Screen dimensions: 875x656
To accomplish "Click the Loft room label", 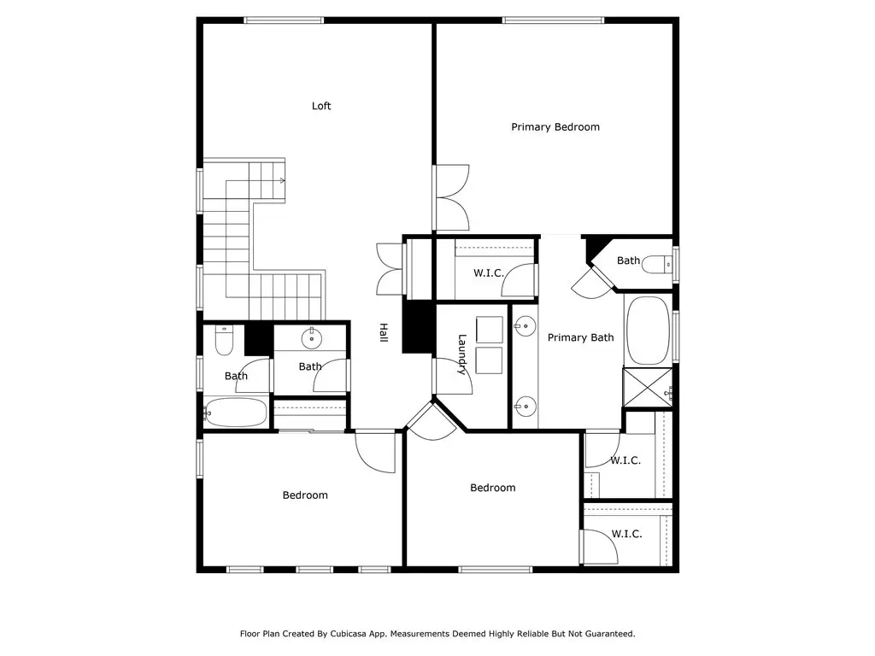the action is pyautogui.click(x=321, y=106).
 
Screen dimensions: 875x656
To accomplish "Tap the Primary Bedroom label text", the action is pyautogui.click(x=555, y=127).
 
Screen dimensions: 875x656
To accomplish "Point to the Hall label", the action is pyautogui.click(x=384, y=332).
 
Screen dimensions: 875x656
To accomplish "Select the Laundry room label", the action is pyautogui.click(x=462, y=354).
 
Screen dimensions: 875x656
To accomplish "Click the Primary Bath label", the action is pyautogui.click(x=580, y=337).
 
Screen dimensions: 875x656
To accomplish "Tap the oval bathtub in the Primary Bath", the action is pyautogui.click(x=648, y=331).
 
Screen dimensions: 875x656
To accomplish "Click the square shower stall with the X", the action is pyautogui.click(x=648, y=387).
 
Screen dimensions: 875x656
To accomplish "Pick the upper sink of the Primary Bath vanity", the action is pyautogui.click(x=525, y=326).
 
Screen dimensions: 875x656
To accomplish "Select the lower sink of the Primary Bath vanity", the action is pyautogui.click(x=525, y=407).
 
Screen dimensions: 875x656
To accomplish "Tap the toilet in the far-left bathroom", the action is pyautogui.click(x=224, y=340).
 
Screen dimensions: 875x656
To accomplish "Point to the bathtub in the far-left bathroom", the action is pyautogui.click(x=235, y=413).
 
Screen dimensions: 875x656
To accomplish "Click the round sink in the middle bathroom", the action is pyautogui.click(x=311, y=338).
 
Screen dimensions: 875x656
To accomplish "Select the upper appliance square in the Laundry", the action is pyautogui.click(x=490, y=330).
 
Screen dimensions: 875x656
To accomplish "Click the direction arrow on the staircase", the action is pyautogui.click(x=282, y=181).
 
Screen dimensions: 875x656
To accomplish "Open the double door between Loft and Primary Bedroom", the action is pyautogui.click(x=452, y=197).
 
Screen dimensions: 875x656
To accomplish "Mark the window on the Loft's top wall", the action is pyautogui.click(x=284, y=20).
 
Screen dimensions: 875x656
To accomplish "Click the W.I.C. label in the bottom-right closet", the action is pyautogui.click(x=626, y=534).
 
